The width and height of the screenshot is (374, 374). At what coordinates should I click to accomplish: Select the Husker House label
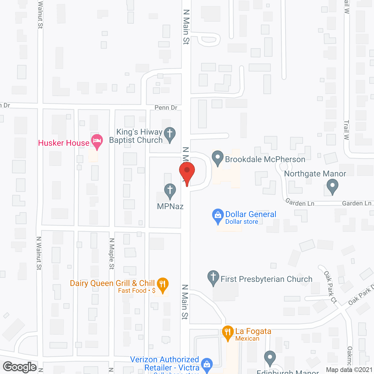(64, 143)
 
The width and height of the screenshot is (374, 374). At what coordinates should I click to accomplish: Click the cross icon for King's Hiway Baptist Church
(170, 134)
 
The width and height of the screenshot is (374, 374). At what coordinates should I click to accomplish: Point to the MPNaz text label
(170, 207)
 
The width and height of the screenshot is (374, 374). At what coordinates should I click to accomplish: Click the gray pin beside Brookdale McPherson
(217, 157)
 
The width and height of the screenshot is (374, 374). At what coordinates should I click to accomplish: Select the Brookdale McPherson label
(265, 160)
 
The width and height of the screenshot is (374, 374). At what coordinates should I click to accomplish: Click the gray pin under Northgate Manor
(332, 186)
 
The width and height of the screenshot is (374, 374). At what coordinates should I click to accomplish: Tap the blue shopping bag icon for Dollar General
(218, 216)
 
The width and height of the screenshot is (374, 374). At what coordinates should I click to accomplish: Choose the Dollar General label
(251, 214)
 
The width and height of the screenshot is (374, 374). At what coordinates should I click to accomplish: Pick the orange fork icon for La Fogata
(228, 332)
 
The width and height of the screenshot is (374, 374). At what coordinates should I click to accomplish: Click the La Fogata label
(253, 331)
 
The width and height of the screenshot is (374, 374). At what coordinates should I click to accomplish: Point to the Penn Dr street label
(166, 108)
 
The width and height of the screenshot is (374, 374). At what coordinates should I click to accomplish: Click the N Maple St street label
(112, 254)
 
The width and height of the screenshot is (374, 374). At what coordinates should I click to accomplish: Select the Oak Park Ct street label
(330, 287)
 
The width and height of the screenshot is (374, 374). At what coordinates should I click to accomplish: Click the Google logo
(20, 367)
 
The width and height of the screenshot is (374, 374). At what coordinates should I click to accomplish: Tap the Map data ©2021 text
(349, 370)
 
